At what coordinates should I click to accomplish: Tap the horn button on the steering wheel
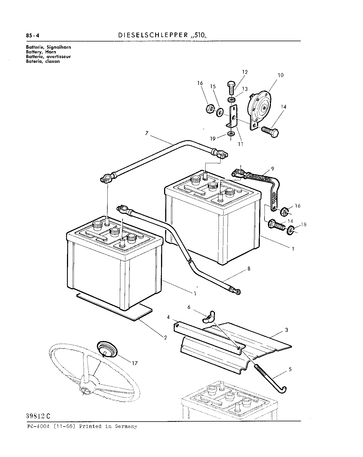(x=107, y=349)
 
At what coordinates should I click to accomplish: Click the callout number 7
(x=147, y=133)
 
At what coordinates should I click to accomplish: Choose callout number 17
(x=134, y=363)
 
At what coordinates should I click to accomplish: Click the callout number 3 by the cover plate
(x=287, y=330)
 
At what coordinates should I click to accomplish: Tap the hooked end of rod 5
(x=283, y=390)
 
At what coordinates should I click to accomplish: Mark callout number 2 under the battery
(x=165, y=337)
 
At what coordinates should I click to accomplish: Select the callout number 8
(x=249, y=269)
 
